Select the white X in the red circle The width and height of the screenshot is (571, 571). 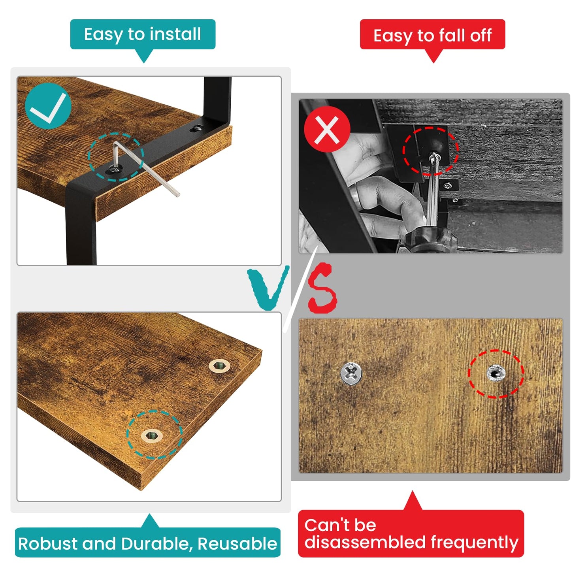tap(327, 130)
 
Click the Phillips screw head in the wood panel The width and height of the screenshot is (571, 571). tap(351, 374)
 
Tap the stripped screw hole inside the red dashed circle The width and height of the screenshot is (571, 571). tap(496, 373)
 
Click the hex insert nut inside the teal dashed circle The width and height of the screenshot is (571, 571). tap(152, 435)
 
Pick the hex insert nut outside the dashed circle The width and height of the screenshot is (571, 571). tap(219, 366)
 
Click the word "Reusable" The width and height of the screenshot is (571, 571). tap(237, 544)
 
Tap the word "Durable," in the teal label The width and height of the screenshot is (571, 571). tap(157, 544)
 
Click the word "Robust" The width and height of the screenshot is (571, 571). tap(48, 544)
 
